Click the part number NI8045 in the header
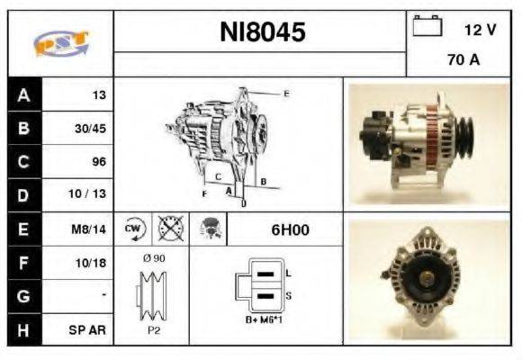click(x=262, y=34)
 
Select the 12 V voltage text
click(x=480, y=30)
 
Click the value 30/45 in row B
click(x=90, y=129)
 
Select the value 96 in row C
click(x=98, y=162)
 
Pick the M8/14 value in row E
click(x=89, y=229)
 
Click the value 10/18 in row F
click(x=90, y=263)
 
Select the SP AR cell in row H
click(x=90, y=330)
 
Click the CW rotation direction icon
click(x=132, y=229)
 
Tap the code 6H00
click(x=290, y=229)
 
